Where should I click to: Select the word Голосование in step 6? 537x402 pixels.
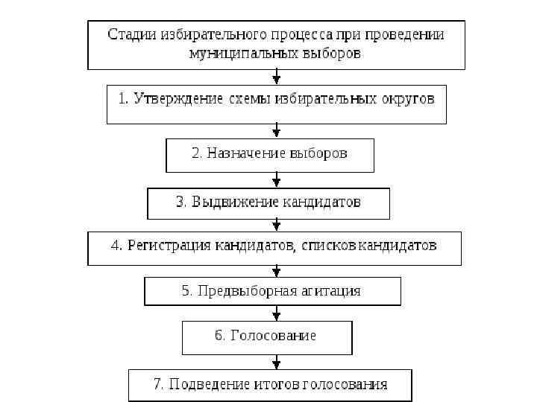[273, 336]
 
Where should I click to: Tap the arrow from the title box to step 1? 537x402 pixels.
[277, 77]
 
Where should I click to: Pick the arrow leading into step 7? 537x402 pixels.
[277, 363]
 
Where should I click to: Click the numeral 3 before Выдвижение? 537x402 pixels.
[180, 202]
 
